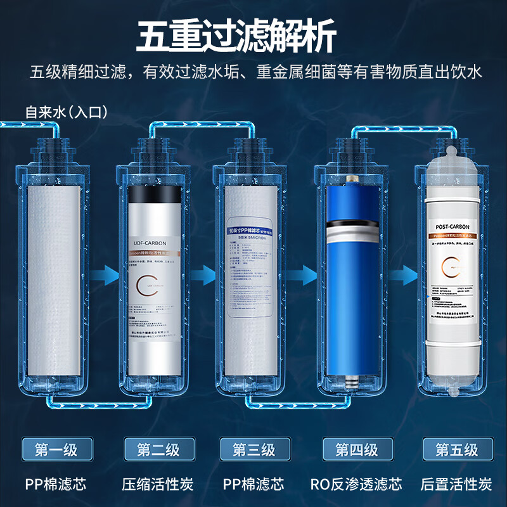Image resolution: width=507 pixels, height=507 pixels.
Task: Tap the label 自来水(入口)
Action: [x=66, y=112]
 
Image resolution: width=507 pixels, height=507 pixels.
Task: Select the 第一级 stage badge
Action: [x=56, y=450]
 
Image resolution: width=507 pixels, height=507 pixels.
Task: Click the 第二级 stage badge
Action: [x=158, y=450]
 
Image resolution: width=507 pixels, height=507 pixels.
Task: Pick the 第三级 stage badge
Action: [x=253, y=450]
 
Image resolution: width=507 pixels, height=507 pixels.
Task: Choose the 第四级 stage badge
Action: [x=356, y=450]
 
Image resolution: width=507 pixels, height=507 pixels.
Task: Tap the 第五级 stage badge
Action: [x=456, y=450]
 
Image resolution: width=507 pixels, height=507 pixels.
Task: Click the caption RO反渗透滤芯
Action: [x=356, y=485]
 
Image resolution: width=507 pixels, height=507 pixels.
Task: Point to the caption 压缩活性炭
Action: [x=158, y=485]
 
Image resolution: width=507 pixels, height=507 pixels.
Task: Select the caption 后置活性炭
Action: [x=456, y=485]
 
